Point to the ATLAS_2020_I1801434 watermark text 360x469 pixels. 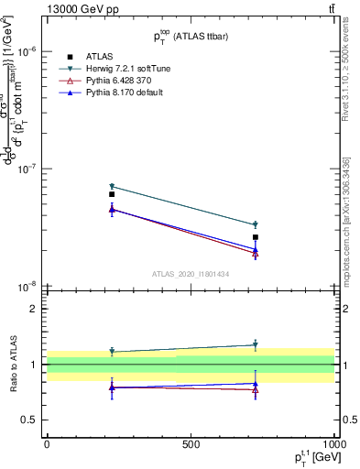click(x=190, y=274)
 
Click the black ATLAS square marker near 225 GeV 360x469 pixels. click(x=112, y=194)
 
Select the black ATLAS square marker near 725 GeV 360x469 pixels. click(x=256, y=237)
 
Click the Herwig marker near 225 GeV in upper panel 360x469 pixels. click(x=112, y=186)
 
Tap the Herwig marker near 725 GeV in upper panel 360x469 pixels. click(x=256, y=224)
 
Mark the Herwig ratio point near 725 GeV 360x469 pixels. click(x=256, y=345)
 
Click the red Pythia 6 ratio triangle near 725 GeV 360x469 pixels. click(x=256, y=389)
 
